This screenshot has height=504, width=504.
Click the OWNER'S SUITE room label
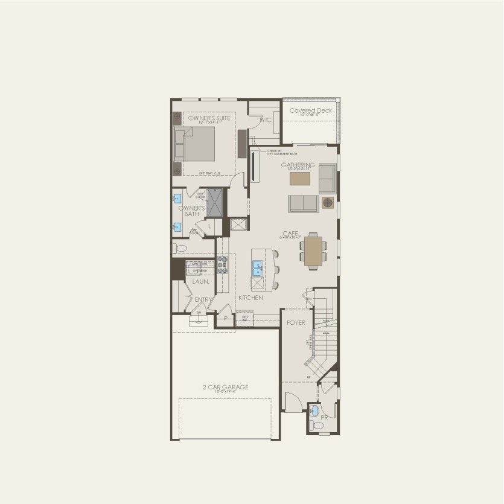(209, 118)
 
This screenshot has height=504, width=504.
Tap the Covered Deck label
(310, 111)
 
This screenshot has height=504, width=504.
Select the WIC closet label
(265, 121)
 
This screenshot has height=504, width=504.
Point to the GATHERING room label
(298, 165)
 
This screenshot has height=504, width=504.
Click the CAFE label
(290, 233)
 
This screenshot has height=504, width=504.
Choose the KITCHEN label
(250, 298)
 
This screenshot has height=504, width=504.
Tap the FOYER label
(296, 323)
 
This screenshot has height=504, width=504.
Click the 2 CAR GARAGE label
(225, 387)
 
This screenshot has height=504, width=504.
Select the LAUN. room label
(201, 281)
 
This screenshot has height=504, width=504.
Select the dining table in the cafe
(313, 252)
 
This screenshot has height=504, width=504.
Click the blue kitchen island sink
(257, 266)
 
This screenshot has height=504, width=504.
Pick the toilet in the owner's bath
(179, 247)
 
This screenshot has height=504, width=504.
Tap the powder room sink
(314, 411)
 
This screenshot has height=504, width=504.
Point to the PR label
(324, 417)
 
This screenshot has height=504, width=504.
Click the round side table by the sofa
(328, 202)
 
